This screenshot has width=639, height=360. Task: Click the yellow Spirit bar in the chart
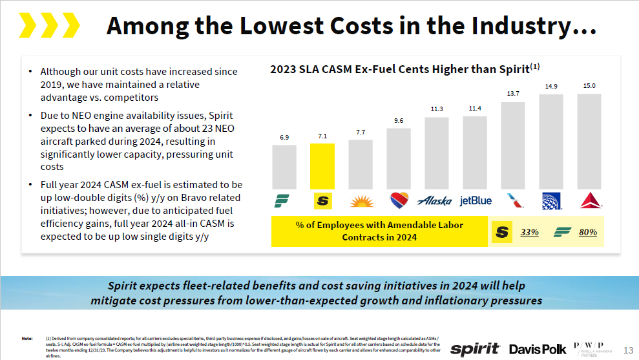[x=322, y=165]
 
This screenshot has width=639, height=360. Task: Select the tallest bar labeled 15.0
[x=589, y=141]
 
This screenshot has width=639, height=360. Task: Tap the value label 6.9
[x=284, y=137]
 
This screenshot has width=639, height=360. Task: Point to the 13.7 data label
[x=513, y=94]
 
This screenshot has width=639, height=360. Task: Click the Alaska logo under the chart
[x=435, y=201]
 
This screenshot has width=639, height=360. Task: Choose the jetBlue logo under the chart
[x=476, y=201]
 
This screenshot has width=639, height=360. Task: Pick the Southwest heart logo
[x=399, y=201]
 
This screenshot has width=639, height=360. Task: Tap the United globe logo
[x=551, y=201]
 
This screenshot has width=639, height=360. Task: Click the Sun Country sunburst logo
[x=361, y=201]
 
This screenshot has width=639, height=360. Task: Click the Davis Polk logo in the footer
[x=538, y=349]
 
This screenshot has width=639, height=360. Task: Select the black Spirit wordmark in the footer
[x=475, y=349]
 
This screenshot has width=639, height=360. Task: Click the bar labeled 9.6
[x=399, y=158]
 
